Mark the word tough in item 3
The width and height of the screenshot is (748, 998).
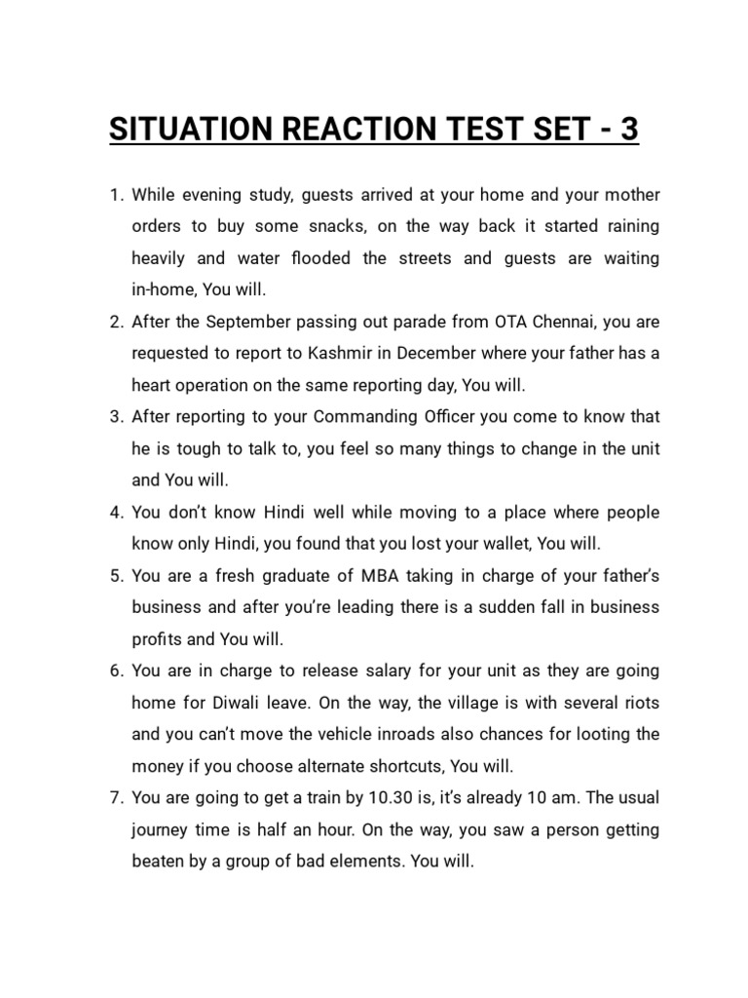point(194,448)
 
